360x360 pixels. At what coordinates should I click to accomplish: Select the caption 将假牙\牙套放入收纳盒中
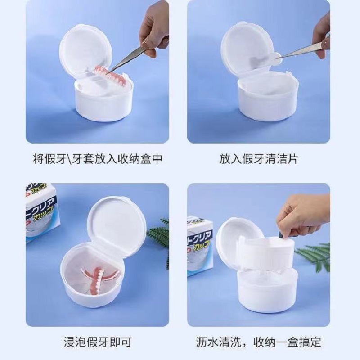tap(97, 159)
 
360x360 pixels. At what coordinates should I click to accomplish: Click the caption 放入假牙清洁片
tap(259, 159)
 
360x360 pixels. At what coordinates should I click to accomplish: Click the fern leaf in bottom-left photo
tap(160, 234)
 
